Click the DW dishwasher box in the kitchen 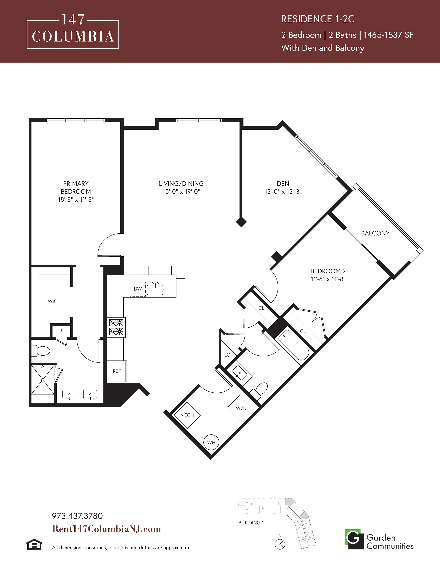[x=138, y=289]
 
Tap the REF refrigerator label [x=117, y=371]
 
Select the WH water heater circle [x=211, y=442]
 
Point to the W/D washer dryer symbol [x=241, y=408]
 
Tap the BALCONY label [x=375, y=233]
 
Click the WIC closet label [x=52, y=301]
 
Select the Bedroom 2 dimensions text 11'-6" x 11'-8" [x=328, y=279]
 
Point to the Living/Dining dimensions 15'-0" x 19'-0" [x=181, y=192]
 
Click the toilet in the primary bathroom [x=41, y=351]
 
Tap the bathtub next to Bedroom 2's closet [x=294, y=345]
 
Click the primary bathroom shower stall [x=43, y=380]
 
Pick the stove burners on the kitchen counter [x=116, y=327]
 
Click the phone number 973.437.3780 [x=77, y=516]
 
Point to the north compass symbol [x=280, y=544]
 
